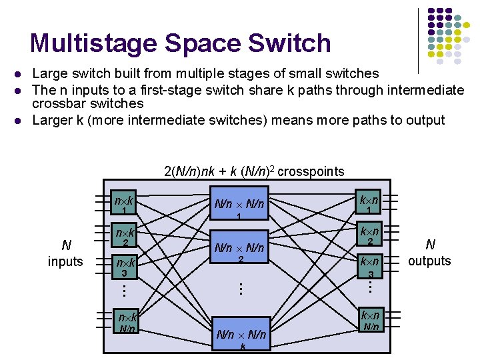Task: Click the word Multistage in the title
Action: [93, 43]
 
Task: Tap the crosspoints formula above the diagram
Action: [254, 171]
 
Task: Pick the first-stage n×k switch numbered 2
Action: [125, 237]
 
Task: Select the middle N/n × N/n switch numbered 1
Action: [239, 206]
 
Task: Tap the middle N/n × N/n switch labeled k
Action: [242, 337]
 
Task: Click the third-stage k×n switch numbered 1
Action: [369, 203]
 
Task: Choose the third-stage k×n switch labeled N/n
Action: [370, 319]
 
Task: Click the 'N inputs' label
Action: [65, 254]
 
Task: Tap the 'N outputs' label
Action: [430, 253]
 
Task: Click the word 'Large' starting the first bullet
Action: [49, 73]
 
